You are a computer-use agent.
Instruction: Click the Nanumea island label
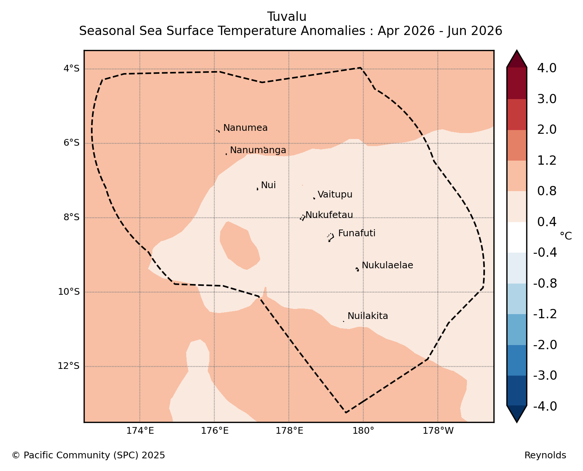245,127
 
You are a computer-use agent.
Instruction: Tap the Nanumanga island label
258,150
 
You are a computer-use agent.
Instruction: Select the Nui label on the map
268,185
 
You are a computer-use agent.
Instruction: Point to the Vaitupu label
335,195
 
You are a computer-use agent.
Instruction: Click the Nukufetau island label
329,215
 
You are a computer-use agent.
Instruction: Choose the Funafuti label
357,233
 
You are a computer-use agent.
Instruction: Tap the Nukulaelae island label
387,265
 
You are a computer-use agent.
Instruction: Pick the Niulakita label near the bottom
368,316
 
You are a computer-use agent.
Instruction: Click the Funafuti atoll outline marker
331,237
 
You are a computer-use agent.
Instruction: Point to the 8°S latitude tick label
71,217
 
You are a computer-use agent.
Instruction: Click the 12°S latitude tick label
68,366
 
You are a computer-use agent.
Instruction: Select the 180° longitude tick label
363,431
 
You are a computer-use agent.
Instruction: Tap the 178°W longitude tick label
438,431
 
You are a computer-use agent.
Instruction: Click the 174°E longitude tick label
140,431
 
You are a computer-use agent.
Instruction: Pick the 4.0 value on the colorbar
546,68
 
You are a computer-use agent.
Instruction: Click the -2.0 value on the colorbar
545,345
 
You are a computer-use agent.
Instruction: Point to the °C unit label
566,236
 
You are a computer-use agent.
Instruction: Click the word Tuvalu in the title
287,17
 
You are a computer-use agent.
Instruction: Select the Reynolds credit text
545,455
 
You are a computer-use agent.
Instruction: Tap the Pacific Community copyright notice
88,455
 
